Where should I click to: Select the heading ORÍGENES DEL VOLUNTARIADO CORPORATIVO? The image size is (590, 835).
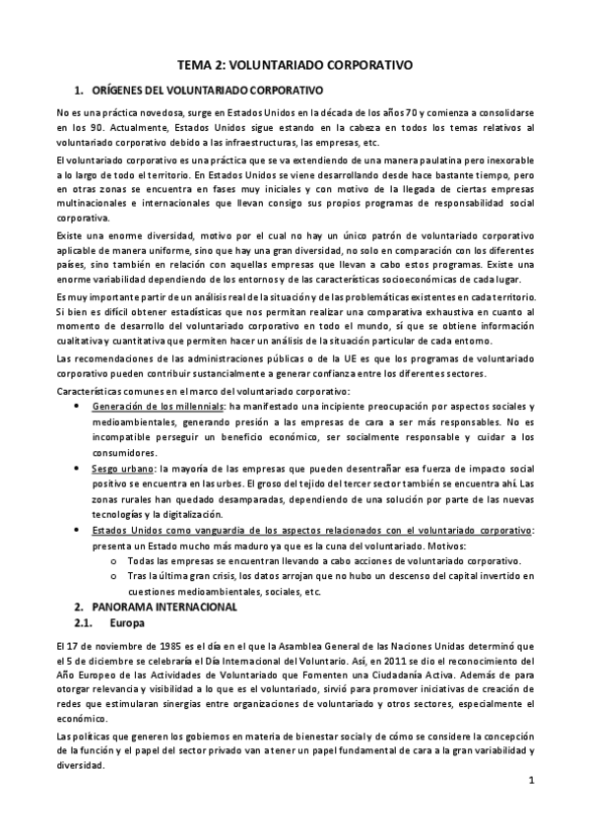point(207,90)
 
